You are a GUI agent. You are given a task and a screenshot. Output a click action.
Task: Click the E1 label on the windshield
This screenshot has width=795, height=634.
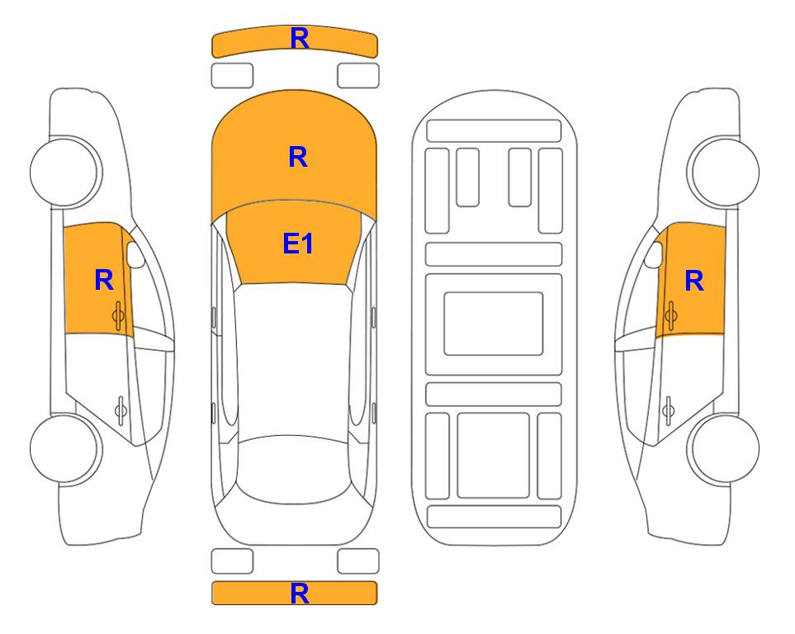point(298,244)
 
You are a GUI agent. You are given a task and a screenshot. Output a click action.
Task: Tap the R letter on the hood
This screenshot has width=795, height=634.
point(298,157)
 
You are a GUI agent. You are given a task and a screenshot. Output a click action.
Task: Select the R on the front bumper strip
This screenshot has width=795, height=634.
point(299,39)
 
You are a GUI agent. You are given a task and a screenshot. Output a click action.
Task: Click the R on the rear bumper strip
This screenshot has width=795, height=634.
point(299,594)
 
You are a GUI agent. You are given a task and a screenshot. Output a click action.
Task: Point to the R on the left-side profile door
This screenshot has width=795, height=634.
point(104,280)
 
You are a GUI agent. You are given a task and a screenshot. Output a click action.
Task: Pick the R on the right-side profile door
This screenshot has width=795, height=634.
point(694,281)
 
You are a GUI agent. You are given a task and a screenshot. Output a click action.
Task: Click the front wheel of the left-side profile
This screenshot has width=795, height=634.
point(65,172)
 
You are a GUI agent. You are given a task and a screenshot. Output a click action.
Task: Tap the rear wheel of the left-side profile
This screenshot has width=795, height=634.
point(65,448)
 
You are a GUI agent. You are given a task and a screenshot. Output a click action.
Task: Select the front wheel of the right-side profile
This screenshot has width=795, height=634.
point(723,172)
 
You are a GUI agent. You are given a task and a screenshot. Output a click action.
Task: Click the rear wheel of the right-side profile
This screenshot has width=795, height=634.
point(723,448)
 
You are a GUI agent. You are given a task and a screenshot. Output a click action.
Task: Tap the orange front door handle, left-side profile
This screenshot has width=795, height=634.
point(119,315)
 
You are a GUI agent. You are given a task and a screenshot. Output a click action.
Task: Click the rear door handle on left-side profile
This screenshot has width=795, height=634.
point(121,409)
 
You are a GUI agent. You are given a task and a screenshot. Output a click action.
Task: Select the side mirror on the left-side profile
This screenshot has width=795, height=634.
point(135,254)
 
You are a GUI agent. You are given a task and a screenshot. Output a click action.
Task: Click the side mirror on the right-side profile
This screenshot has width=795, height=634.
point(654,254)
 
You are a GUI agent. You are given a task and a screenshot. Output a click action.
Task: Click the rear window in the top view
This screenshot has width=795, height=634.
point(294,469)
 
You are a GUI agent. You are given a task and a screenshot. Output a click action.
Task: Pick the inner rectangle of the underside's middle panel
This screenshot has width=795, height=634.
point(494,324)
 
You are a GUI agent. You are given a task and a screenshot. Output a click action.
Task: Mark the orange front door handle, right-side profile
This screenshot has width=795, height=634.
point(670,315)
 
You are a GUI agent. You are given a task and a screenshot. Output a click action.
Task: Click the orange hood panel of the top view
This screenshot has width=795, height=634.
point(294,152)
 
